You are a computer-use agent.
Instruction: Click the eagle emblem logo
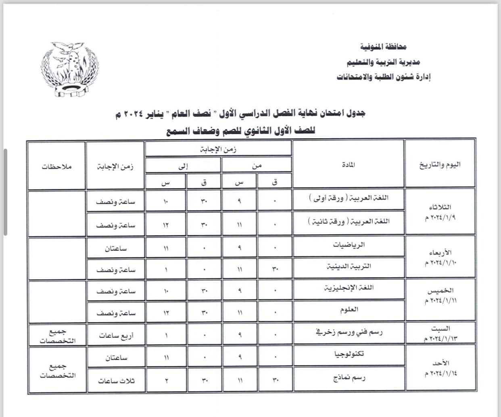(x=69, y=69)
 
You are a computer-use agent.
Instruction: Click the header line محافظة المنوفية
(x=383, y=48)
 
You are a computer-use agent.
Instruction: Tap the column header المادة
(x=348, y=164)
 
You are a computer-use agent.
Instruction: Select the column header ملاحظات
(x=56, y=166)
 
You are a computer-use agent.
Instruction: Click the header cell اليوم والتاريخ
(x=440, y=164)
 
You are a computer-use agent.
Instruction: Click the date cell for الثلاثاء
(x=440, y=212)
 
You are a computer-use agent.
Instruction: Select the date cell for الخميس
(x=440, y=296)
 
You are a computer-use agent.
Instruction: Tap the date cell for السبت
(x=440, y=334)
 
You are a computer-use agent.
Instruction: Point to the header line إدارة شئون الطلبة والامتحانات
(x=384, y=77)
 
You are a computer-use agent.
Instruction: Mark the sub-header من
(x=257, y=165)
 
